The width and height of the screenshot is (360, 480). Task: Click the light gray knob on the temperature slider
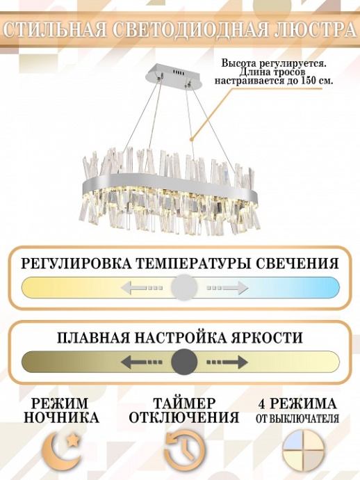coord(184,287)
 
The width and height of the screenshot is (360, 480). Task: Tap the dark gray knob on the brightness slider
coord(184,362)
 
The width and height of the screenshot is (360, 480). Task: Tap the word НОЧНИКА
coord(61,417)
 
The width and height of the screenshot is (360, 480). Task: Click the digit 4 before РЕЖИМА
coord(262,403)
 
